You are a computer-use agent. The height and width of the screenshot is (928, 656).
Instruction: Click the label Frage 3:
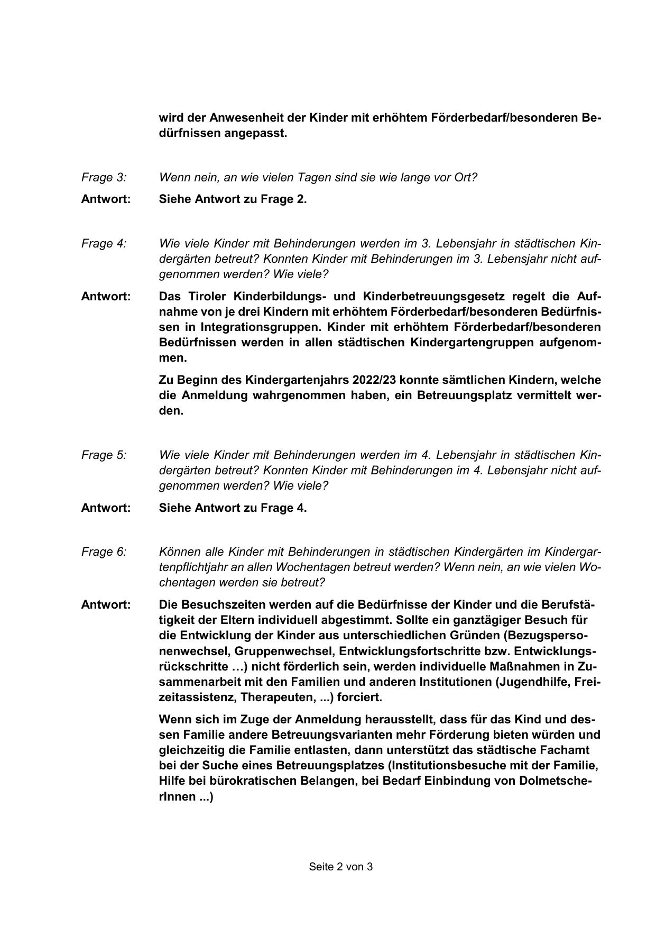coord(104,178)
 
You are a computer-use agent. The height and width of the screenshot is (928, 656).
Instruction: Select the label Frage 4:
coord(104,244)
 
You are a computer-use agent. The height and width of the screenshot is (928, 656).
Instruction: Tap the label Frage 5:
coord(104,455)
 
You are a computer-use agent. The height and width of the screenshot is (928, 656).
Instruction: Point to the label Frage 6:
coord(104,552)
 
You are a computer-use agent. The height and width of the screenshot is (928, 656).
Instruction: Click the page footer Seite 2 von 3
coord(341,867)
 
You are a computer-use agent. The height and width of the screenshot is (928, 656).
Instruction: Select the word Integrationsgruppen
coord(259,327)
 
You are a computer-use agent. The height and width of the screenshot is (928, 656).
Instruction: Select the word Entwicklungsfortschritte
coord(424,651)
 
